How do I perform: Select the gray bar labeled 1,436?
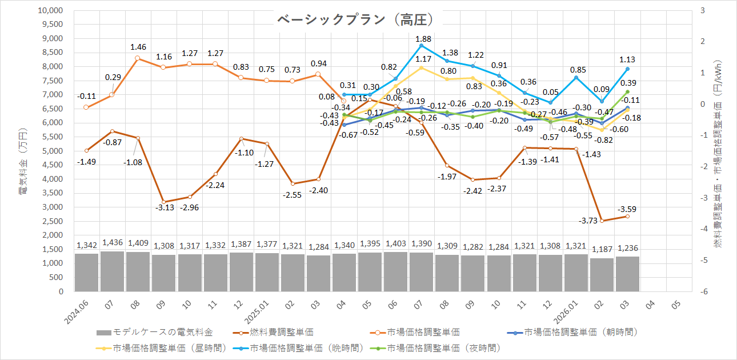tap(112, 271)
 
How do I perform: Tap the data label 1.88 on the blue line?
tap(423, 39)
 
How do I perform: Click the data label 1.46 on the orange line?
tap(138, 47)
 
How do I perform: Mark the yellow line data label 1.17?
tap(423, 59)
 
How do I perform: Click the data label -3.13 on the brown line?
tap(164, 207)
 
